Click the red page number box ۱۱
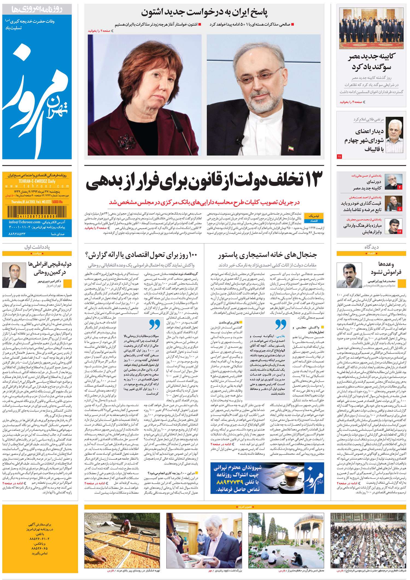pos(339,157)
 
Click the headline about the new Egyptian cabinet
pos(371,62)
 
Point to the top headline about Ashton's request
pos(204,12)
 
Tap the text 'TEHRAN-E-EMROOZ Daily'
pos(37,181)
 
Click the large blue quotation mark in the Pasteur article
pos(280,324)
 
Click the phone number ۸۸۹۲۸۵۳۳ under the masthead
pos(17,234)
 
